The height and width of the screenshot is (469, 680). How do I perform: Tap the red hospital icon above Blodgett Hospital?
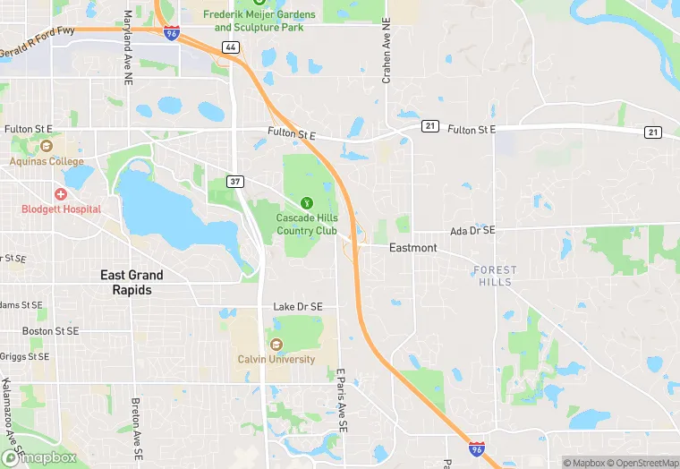61,193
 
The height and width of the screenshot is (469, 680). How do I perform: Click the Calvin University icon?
276,345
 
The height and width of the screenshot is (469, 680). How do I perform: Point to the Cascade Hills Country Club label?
307,224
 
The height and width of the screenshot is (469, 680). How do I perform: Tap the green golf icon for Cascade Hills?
307,203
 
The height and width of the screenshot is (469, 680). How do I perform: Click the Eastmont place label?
413,248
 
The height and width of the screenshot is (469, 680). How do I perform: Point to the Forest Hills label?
495,276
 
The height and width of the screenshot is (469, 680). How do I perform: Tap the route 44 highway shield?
231,47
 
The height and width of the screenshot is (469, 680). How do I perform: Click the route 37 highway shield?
235,182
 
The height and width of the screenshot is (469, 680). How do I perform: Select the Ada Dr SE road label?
472,230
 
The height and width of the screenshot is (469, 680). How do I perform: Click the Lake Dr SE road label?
297,307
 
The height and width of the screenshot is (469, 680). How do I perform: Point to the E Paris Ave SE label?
341,403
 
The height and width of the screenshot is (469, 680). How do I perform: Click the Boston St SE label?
50,330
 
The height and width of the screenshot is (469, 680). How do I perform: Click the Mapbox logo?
39,457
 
